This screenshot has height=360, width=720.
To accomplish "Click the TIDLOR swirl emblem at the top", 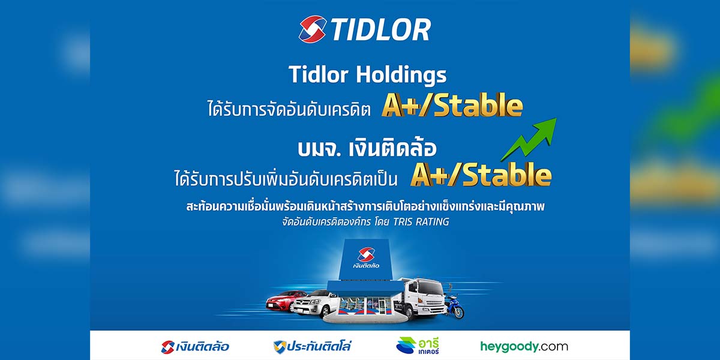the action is click(313, 29).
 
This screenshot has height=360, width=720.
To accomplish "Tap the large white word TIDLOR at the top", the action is click(381, 29).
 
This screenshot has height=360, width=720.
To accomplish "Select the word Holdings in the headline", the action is click(401, 75).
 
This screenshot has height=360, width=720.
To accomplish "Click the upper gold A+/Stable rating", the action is click(452, 105).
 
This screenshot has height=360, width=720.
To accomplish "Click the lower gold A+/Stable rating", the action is click(481, 174).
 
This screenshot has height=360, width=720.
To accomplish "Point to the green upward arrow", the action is click(529, 139).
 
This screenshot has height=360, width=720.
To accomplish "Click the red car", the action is click(286, 300).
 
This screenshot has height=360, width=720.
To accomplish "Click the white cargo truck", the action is click(421, 298).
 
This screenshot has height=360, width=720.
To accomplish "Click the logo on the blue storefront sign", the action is click(366, 258).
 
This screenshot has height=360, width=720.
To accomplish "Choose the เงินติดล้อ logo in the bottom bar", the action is click(195, 347).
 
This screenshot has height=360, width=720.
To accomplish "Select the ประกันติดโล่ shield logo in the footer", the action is click(312, 347).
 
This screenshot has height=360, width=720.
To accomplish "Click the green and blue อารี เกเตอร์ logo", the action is click(418, 346).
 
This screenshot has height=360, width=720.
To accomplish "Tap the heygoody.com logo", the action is click(524, 347).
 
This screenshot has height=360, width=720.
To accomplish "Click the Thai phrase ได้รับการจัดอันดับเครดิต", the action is click(289, 109).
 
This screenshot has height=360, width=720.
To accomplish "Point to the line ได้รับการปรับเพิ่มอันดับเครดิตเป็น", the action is click(286, 178).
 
